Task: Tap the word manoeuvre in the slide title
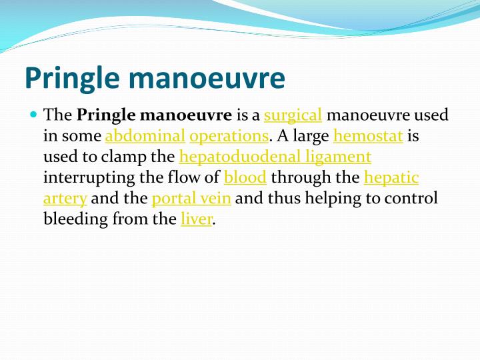coord(209,77)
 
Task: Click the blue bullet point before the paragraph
coord(34,115)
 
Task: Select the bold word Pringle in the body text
coord(106,115)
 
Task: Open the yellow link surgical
coord(293,116)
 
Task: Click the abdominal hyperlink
coord(145,137)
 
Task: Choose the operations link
coord(229,137)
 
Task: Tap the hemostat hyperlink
coord(368,137)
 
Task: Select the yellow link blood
coord(245,178)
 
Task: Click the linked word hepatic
coord(391,178)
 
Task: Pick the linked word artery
coord(65,199)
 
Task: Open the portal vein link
coord(191,199)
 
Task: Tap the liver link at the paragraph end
coord(196,219)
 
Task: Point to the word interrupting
coord(85,178)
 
